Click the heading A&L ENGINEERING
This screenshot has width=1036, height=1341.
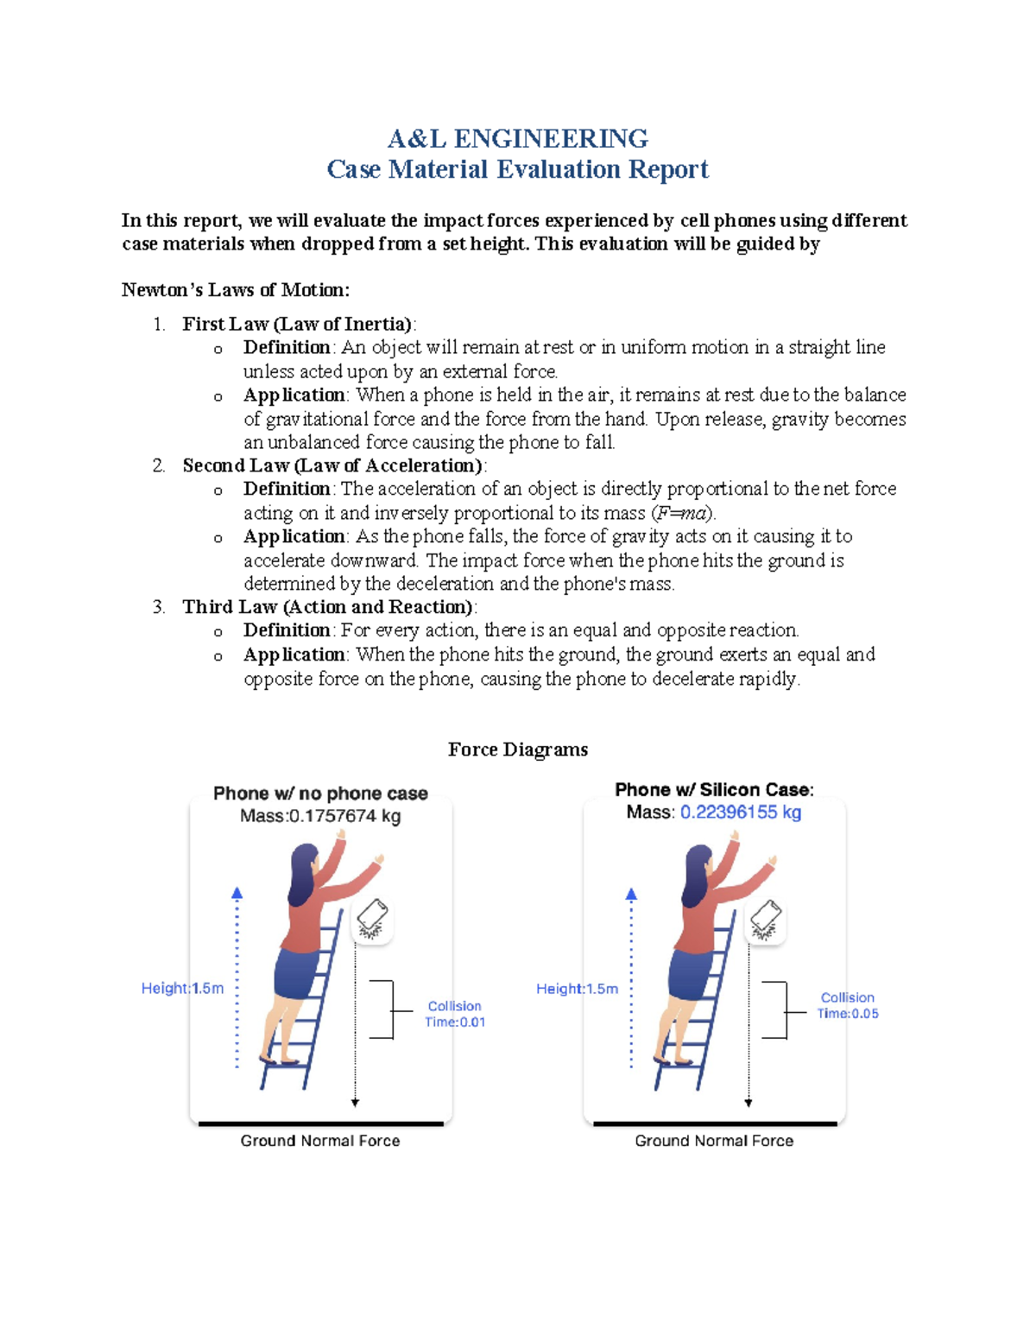(x=517, y=138)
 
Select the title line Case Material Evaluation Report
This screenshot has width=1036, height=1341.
(x=517, y=169)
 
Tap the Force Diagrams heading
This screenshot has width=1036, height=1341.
(x=517, y=750)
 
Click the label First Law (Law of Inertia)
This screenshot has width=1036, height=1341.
(x=297, y=324)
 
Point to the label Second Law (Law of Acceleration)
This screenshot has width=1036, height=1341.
(x=332, y=465)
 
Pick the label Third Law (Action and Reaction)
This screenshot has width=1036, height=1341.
(x=327, y=607)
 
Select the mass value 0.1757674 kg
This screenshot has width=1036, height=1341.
(x=344, y=816)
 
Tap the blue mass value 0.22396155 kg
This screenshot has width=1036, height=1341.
(x=740, y=813)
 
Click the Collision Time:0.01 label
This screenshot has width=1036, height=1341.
(x=454, y=1014)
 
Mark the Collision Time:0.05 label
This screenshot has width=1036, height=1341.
(x=847, y=1006)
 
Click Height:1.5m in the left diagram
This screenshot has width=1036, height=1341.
(x=182, y=988)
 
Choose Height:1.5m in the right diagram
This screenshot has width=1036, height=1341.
(x=577, y=989)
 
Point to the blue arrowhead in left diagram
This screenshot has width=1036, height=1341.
(x=237, y=894)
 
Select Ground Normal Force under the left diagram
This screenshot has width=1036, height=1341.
(x=320, y=1141)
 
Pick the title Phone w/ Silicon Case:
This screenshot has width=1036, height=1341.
(x=714, y=789)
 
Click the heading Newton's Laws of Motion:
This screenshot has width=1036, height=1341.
(x=236, y=290)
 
